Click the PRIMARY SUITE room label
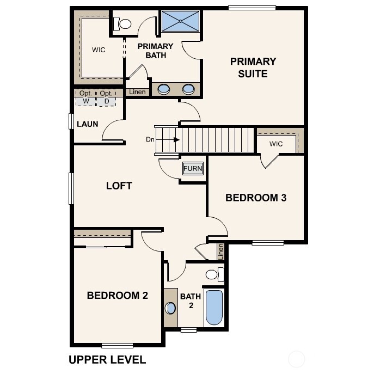coord(253,67)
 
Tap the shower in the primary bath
coord(181,21)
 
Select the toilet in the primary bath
coord(123,24)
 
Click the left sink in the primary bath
coord(163,89)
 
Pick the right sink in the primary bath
coord(188,89)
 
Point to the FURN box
coord(193,169)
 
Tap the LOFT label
coord(119,186)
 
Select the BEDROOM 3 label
coord(256,198)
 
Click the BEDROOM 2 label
coord(118,296)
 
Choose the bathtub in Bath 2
coord(214,308)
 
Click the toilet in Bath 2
coord(214,274)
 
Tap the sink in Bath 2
coord(170,308)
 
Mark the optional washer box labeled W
coord(86,97)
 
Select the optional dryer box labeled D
coord(106,97)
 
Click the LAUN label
coord(87,124)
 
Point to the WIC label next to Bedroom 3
coord(276,144)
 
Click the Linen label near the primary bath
coord(138,92)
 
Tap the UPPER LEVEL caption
coord(107,359)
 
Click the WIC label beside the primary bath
coord(99,50)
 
